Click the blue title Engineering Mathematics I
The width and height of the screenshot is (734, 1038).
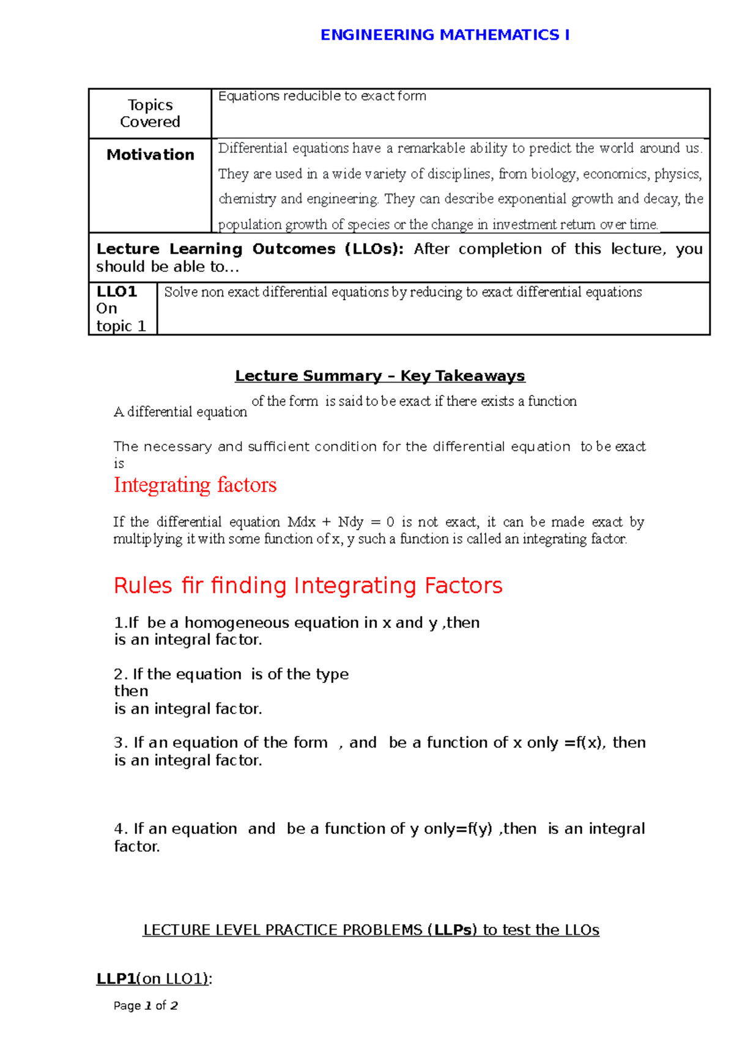(445, 35)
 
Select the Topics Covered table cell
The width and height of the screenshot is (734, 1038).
(150, 114)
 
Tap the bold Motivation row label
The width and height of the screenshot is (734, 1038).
(150, 155)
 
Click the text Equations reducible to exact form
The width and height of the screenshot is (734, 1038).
(322, 96)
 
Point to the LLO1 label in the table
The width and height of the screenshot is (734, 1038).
(116, 292)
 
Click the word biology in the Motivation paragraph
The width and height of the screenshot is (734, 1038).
(553, 174)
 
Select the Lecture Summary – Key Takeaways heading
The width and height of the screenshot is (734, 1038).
(380, 376)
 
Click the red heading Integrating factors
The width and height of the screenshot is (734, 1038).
(195, 485)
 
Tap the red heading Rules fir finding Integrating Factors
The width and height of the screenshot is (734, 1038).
(308, 586)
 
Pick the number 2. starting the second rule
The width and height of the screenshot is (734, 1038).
(120, 674)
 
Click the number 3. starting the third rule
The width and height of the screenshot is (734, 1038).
(120, 743)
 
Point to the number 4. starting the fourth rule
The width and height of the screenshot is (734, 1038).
(120, 829)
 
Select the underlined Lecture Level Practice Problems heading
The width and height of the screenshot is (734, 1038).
(371, 930)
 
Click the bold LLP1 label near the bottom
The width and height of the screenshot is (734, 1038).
(116, 979)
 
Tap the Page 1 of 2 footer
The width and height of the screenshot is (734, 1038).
(146, 1006)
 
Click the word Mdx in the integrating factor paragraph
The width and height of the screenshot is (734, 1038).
(302, 522)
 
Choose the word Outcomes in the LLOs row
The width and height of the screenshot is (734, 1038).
(294, 249)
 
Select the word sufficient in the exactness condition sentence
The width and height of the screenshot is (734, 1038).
(278, 447)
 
